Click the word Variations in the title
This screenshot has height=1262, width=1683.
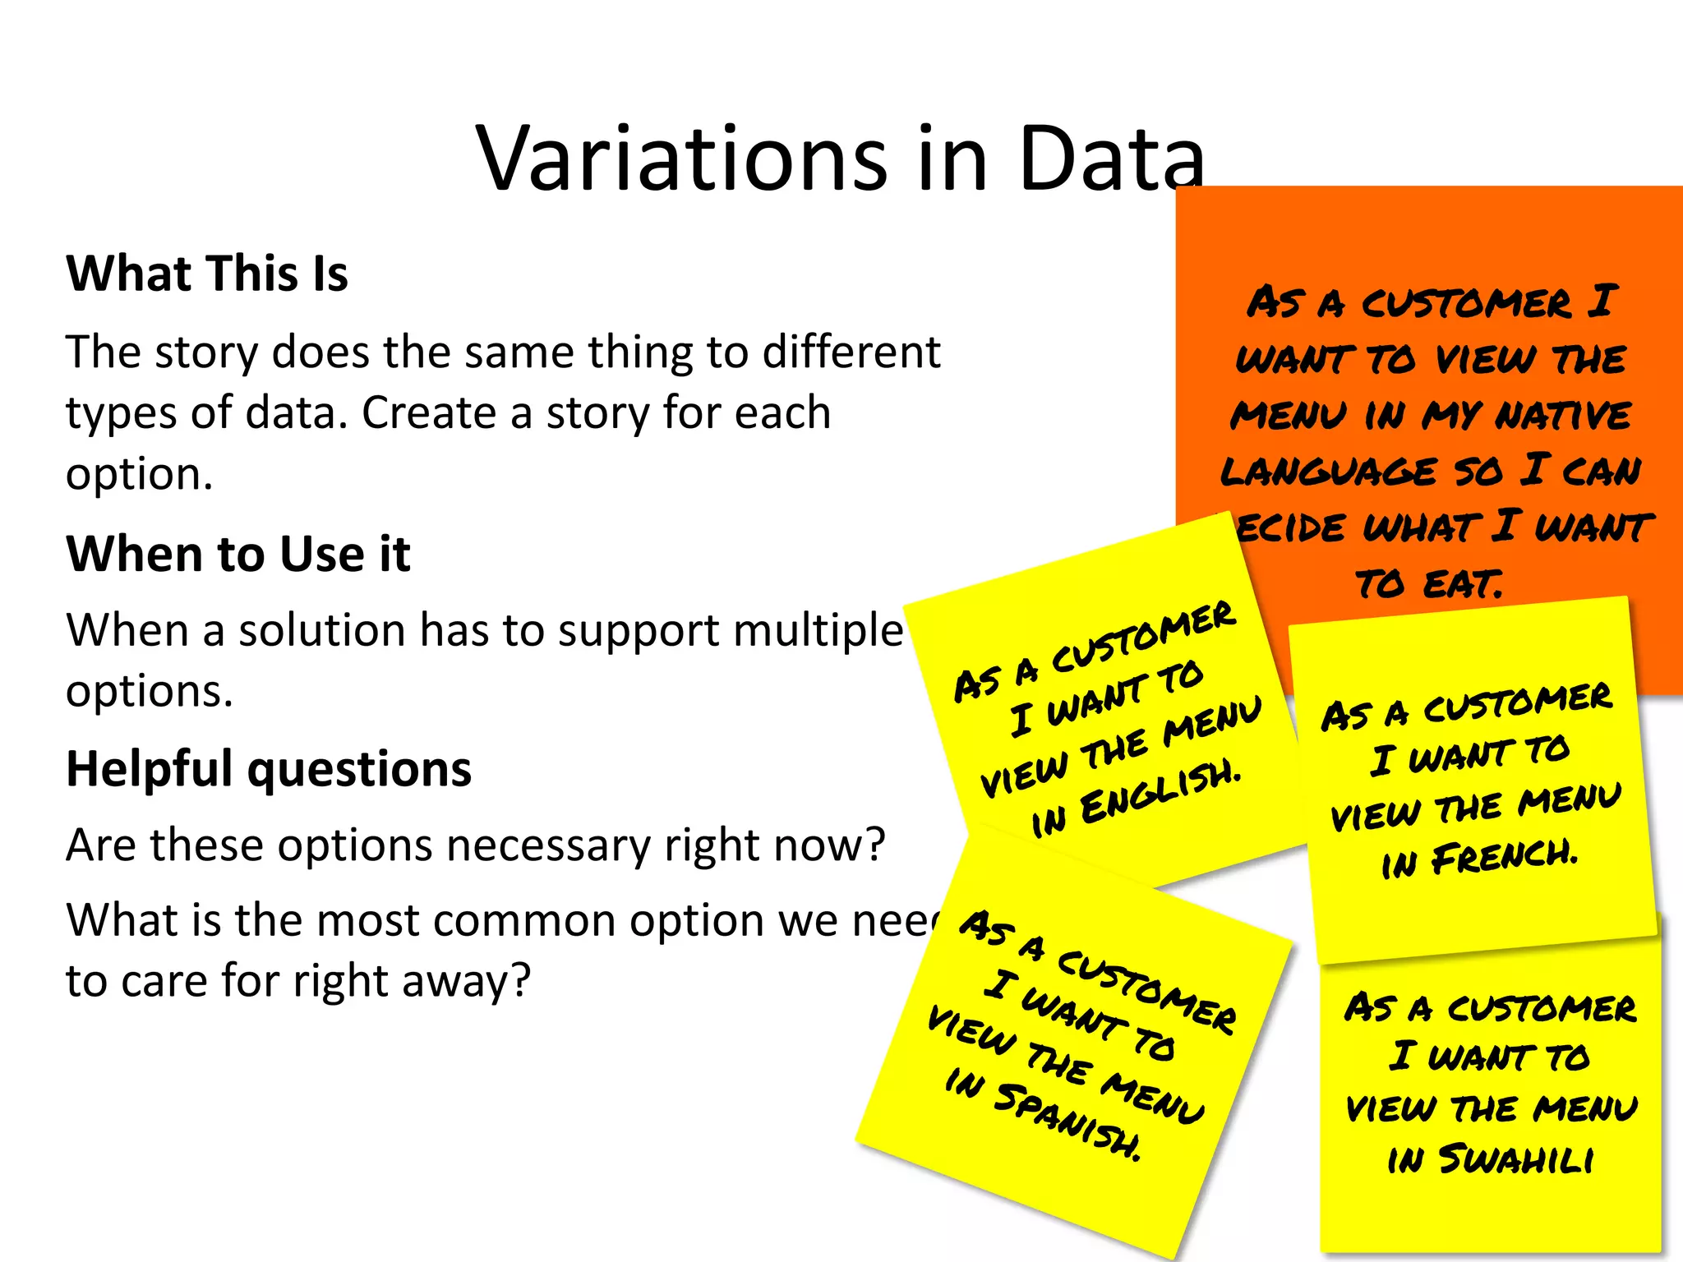tap(682, 159)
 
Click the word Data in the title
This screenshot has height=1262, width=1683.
tap(1109, 159)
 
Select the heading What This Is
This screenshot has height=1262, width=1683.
tap(207, 274)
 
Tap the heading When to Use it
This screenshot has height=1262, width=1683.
tap(238, 554)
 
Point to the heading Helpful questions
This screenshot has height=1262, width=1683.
tap(269, 769)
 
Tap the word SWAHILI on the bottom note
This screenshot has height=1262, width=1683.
tap(1516, 1160)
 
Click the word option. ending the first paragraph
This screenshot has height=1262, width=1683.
tap(139, 475)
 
